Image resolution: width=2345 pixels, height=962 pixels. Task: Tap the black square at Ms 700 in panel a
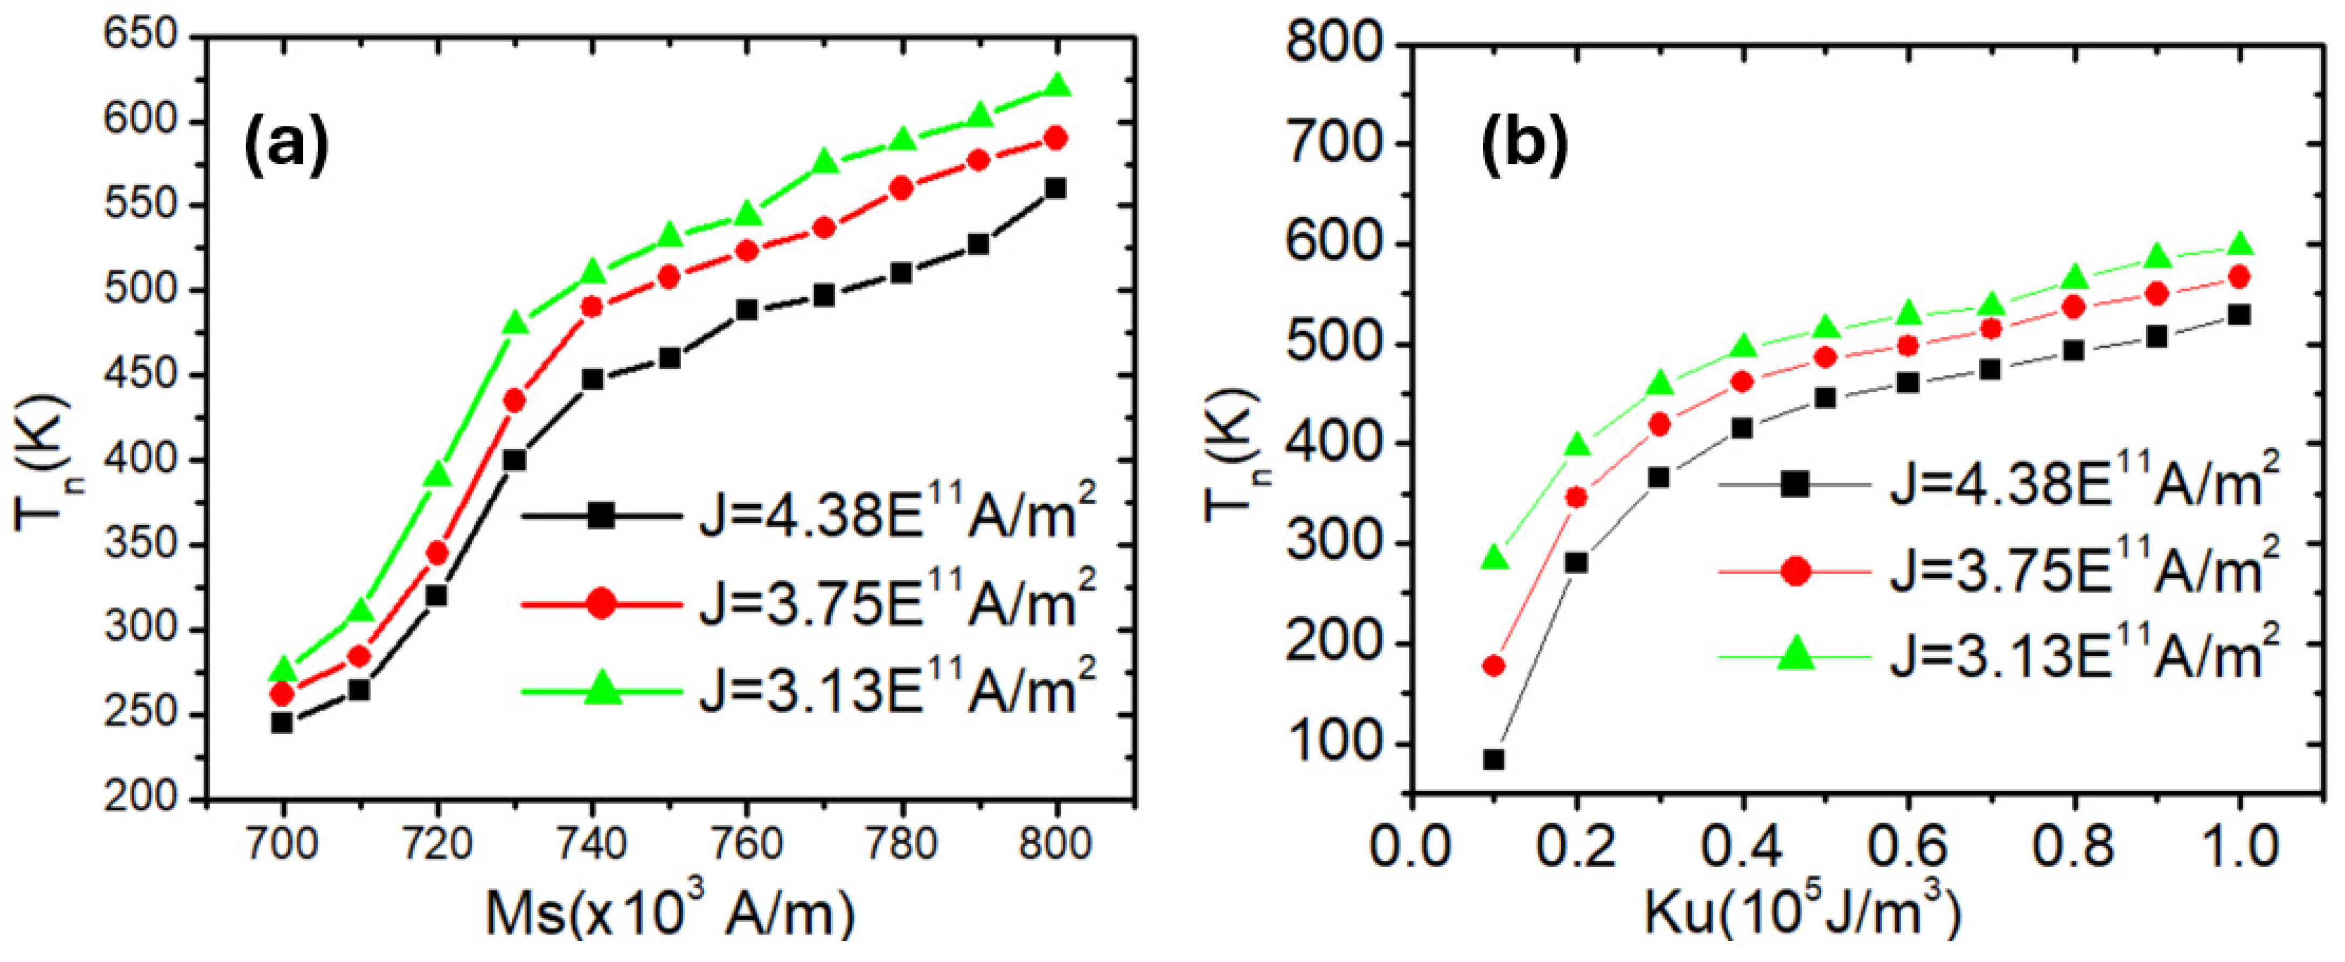[282, 723]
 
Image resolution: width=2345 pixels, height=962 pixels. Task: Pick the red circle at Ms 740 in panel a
[592, 306]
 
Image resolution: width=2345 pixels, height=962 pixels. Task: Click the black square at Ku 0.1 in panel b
[1494, 759]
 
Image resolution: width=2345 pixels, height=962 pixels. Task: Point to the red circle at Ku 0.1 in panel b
[1494, 665]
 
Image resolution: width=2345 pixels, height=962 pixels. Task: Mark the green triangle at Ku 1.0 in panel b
[2239, 245]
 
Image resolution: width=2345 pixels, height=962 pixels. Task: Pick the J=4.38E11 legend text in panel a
[896, 514]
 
